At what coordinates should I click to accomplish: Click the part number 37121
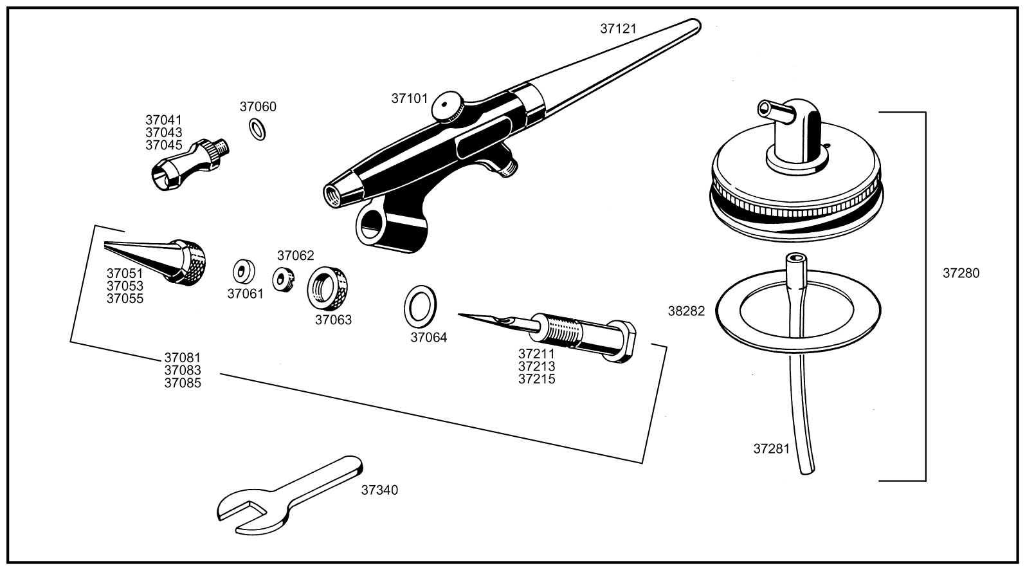(x=618, y=28)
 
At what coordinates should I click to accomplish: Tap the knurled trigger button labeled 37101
(x=448, y=107)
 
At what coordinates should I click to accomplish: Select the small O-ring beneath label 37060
(x=257, y=129)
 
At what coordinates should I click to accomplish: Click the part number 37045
(x=163, y=145)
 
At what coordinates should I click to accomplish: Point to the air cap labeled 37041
(x=186, y=166)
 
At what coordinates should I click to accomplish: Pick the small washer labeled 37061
(x=242, y=271)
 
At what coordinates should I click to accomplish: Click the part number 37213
(x=536, y=367)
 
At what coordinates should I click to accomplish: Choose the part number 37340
(x=379, y=490)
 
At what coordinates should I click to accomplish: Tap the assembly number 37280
(x=961, y=273)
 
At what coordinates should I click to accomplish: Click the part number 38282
(x=686, y=311)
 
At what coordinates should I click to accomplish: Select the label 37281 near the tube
(x=771, y=449)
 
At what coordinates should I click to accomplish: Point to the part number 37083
(x=183, y=371)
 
